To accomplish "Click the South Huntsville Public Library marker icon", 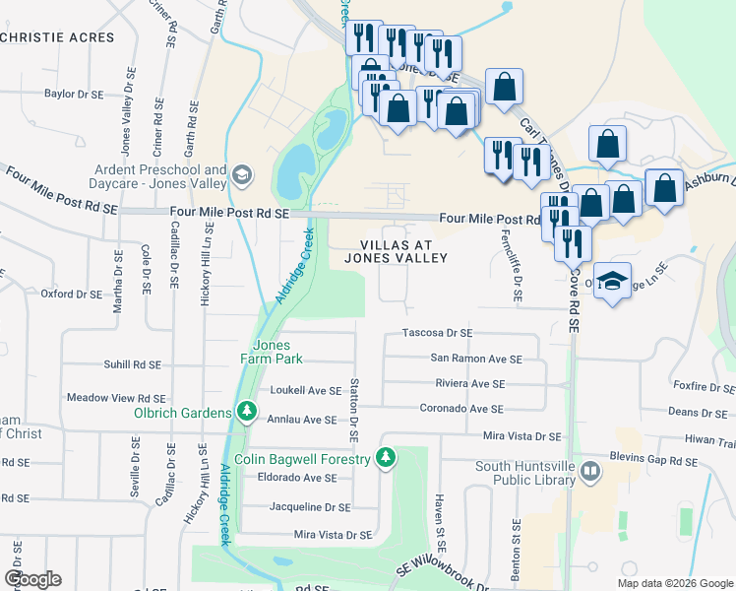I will pyautogui.click(x=589, y=470).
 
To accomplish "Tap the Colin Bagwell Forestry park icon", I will pyautogui.click(x=387, y=457).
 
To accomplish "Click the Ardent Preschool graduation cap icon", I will pyautogui.click(x=242, y=176).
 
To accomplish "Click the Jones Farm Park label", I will pyautogui.click(x=271, y=352).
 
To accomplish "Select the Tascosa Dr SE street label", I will pyautogui.click(x=438, y=334).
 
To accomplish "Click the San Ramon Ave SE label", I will pyautogui.click(x=475, y=360).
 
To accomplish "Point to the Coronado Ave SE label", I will pyautogui.click(x=461, y=409).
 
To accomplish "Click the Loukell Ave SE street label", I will pyautogui.click(x=306, y=391).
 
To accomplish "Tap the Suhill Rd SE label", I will pyautogui.click(x=132, y=364).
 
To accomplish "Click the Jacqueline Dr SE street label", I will pyautogui.click(x=310, y=507).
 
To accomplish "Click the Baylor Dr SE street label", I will pyautogui.click(x=74, y=95).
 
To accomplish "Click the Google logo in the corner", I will pyautogui.click(x=32, y=579).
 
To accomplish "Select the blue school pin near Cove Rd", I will pyautogui.click(x=612, y=283).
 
